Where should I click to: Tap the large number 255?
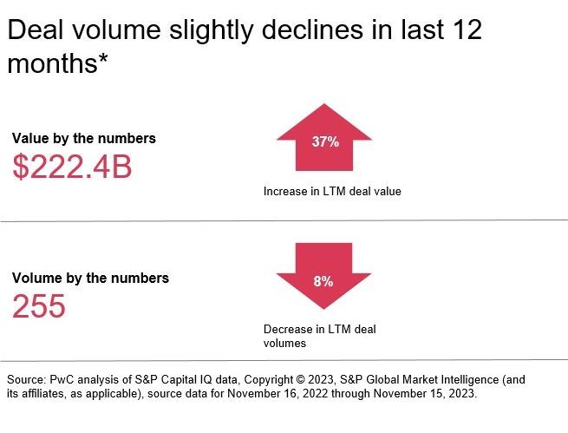(x=39, y=305)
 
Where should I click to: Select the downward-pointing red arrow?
(x=324, y=276)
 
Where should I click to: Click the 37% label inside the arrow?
(x=324, y=142)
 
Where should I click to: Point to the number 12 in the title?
(x=463, y=31)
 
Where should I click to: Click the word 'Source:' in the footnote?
(x=27, y=380)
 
